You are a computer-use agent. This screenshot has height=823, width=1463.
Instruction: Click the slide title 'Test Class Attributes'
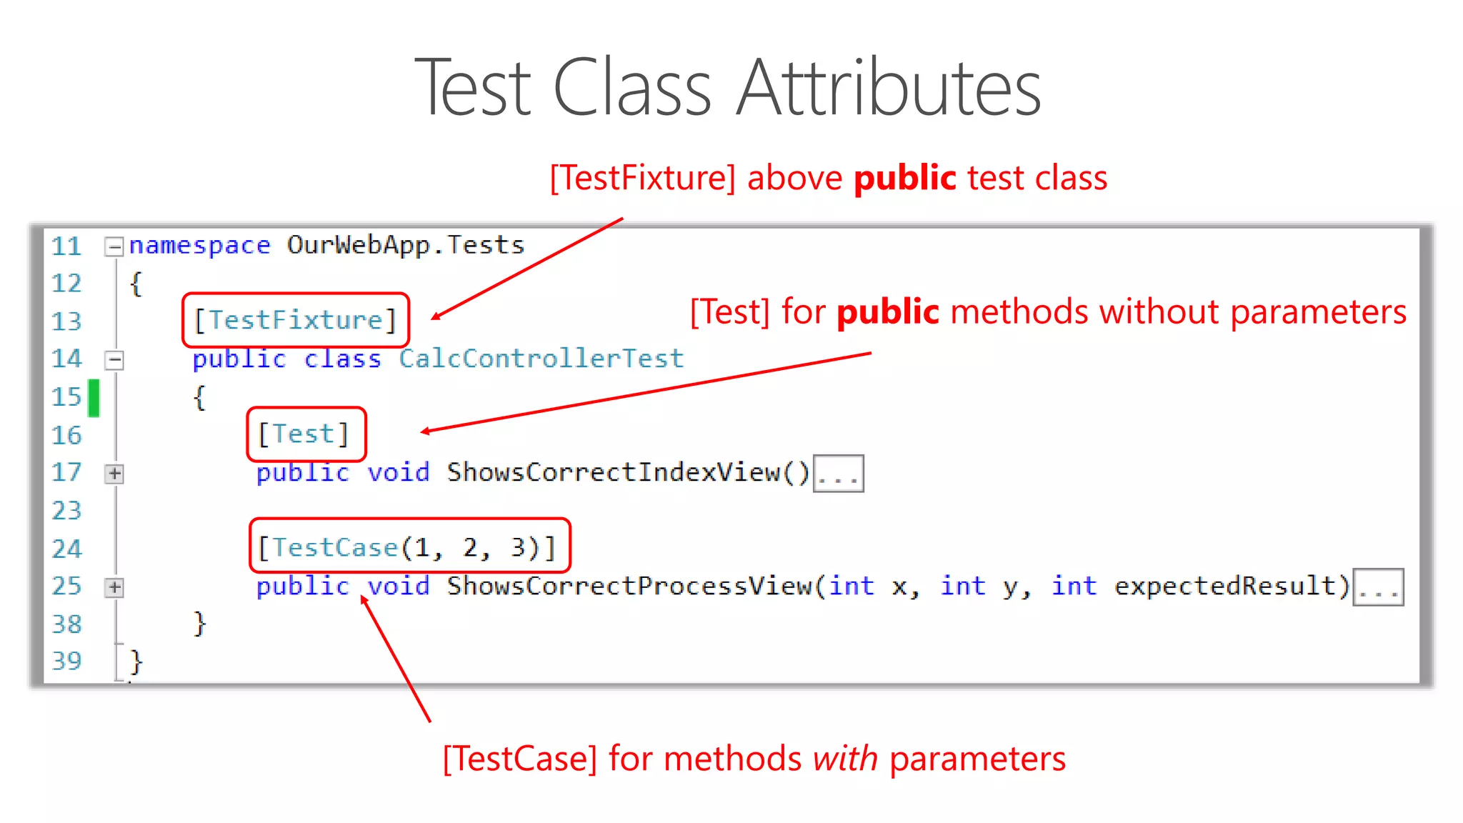727,89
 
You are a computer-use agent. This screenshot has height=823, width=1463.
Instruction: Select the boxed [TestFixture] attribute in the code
295,320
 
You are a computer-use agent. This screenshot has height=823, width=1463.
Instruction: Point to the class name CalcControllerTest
541,359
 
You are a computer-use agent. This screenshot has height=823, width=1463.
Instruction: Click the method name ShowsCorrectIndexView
613,472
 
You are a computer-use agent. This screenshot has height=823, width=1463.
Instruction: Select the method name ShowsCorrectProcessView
629,586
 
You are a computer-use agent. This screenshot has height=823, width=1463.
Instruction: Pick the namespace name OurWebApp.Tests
406,245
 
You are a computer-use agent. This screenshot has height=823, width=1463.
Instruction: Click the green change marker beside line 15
94,397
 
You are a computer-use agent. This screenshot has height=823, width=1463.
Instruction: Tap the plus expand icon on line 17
114,474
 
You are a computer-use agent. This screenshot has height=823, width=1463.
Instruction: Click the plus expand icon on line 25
114,587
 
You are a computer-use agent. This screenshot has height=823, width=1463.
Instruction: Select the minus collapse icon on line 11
114,246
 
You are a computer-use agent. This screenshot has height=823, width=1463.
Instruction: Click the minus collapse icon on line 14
114,359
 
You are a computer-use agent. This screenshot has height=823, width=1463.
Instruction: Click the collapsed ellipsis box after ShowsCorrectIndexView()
838,474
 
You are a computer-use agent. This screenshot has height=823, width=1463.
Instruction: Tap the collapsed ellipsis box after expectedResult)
1378,587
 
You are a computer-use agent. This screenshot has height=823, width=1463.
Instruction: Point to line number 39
67,661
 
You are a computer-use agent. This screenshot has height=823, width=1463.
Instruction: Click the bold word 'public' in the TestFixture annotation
904,177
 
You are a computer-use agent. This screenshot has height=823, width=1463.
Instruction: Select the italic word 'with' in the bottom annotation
845,758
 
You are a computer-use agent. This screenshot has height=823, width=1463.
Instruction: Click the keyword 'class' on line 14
343,359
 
